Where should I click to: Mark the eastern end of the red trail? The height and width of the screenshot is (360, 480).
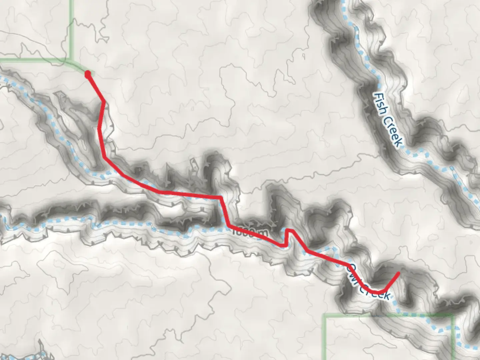399,274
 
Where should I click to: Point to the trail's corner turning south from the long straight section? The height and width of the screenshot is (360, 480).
220,197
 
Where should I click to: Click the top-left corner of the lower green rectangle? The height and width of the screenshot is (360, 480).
325,315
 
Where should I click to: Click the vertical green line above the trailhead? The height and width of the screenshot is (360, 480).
71,27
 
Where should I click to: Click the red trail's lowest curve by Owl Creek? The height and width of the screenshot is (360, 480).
378,292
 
